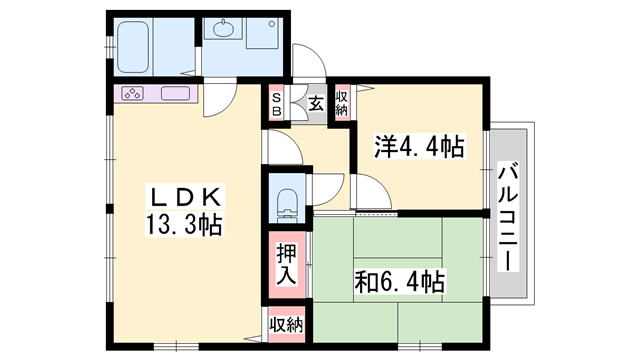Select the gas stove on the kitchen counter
[133, 95]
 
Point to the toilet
[287, 200]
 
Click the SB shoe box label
[277, 104]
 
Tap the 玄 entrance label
[315, 103]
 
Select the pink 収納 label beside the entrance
[342, 103]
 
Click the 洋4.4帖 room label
[420, 147]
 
